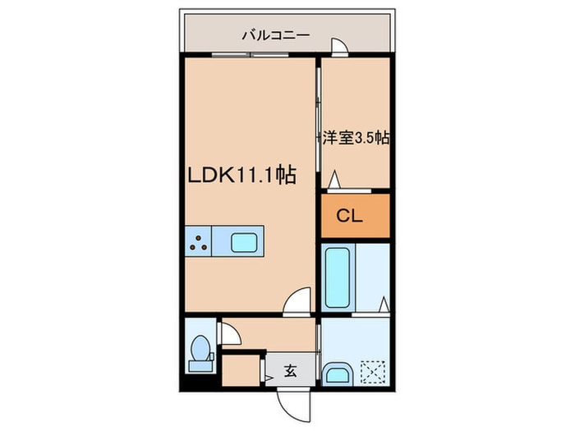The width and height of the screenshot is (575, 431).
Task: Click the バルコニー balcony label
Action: [276, 35]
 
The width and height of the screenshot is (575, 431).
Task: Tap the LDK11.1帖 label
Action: [242, 175]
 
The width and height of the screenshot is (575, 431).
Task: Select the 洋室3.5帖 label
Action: [356, 138]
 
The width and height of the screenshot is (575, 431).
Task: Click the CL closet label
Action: [349, 216]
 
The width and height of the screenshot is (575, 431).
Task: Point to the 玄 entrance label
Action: [291, 371]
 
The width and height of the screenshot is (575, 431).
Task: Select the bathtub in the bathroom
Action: [338, 277]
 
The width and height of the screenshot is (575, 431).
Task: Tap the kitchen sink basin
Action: [244, 243]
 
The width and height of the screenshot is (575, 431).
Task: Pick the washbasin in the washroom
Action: [337, 374]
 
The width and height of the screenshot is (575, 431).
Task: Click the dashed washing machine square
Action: [373, 373]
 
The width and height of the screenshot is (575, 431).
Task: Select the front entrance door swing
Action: [293, 406]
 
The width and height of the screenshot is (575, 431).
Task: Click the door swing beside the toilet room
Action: [230, 333]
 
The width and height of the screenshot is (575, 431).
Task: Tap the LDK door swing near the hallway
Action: [297, 301]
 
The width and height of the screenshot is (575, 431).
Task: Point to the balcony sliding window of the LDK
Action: [250, 55]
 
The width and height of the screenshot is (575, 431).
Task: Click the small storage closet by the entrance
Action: [241, 370]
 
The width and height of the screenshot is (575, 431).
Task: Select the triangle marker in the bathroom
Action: [384, 304]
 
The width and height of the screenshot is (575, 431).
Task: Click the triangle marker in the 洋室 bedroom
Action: [333, 180]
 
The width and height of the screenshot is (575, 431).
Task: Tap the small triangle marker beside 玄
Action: [269, 378]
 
